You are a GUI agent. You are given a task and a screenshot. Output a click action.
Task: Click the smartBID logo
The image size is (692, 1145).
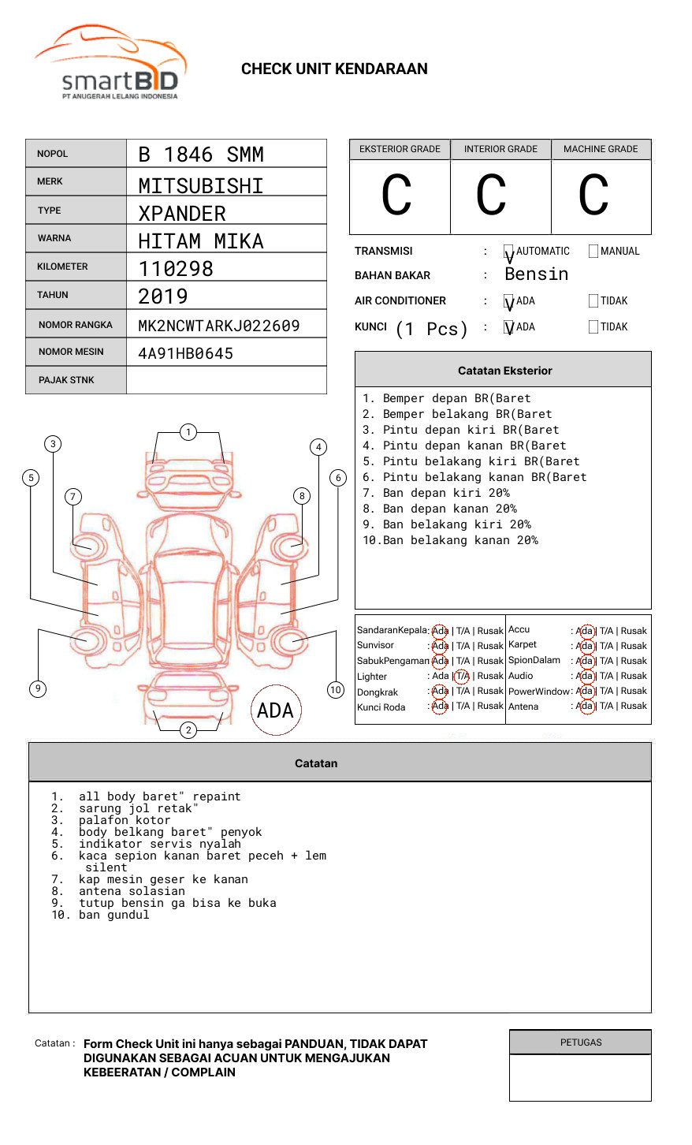110,63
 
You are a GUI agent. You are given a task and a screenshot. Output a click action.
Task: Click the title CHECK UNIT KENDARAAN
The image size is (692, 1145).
334,69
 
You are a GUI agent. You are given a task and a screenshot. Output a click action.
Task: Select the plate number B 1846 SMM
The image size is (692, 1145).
201,155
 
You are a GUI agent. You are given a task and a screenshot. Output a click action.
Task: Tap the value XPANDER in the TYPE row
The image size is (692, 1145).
182,214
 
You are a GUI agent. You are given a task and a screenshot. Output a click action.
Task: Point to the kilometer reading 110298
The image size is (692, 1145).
176,269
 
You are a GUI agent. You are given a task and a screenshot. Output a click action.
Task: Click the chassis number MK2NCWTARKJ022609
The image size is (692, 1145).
219,326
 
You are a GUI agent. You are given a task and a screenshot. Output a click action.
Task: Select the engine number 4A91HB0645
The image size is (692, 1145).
186,353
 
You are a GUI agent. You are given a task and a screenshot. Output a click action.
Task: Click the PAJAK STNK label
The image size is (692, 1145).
66,380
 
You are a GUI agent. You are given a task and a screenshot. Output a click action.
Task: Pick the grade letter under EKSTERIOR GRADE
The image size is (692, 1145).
397,196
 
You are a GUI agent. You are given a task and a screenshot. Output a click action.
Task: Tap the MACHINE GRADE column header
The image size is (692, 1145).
601,149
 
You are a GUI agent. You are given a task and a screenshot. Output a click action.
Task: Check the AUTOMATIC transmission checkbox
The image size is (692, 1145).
508,252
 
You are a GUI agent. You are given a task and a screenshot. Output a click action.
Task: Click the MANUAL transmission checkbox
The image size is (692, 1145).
593,252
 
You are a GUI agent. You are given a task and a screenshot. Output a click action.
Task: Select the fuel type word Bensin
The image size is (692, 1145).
536,274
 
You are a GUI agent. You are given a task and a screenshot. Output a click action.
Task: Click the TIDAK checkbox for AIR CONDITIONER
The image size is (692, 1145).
593,300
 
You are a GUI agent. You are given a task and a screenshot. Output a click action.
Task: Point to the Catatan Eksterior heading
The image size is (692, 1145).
504,371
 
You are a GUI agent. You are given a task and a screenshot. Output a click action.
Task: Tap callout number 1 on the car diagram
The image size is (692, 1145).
188,431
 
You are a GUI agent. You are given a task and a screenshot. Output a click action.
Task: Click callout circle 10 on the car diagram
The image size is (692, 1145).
336,690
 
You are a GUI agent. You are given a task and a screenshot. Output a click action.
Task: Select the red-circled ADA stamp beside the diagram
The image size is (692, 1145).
276,710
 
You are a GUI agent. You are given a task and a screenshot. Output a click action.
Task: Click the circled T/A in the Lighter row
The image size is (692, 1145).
463,676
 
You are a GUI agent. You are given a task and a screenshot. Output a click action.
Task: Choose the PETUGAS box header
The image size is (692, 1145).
581,1042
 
